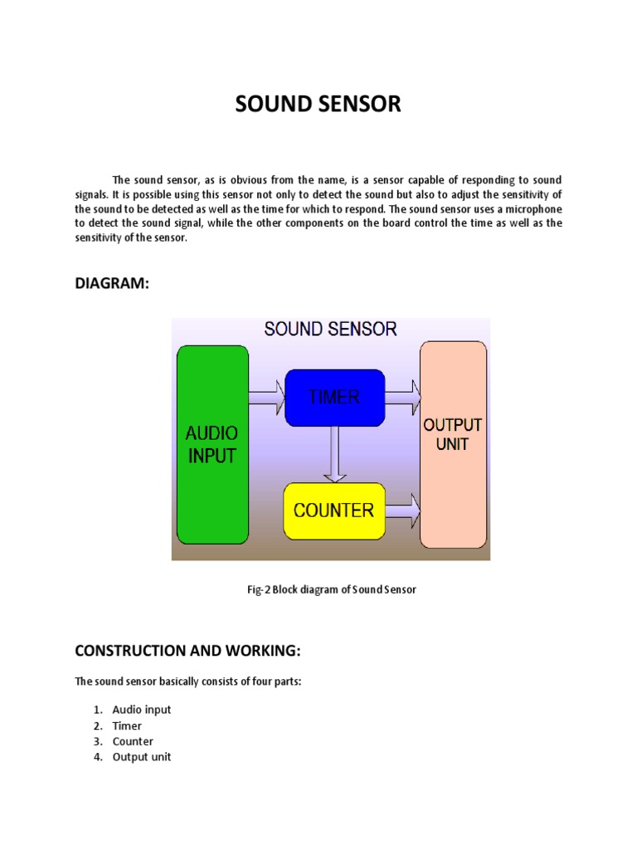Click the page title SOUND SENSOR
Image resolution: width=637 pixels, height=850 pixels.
coord(318,104)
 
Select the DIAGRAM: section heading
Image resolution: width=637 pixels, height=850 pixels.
coord(112,284)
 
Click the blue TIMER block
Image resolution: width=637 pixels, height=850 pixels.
coord(334,397)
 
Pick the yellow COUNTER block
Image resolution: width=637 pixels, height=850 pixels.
coord(334,510)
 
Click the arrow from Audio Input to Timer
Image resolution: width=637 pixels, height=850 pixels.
coord(266,397)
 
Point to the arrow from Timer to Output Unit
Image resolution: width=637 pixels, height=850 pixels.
coord(403,397)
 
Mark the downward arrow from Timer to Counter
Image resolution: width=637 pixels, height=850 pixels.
coord(334,453)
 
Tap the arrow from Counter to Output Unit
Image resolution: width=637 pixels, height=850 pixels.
coord(403,510)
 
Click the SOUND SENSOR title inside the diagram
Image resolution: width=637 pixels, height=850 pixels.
coord(330,329)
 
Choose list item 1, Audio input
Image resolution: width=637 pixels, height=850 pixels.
coord(141,710)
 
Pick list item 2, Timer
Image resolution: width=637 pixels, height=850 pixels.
coord(127,725)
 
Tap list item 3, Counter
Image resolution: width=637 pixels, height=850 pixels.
coord(133,741)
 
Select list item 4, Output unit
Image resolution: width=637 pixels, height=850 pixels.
coord(141,757)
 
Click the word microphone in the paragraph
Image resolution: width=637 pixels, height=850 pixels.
coord(531,208)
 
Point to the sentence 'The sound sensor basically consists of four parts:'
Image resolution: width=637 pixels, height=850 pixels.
coord(187,681)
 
